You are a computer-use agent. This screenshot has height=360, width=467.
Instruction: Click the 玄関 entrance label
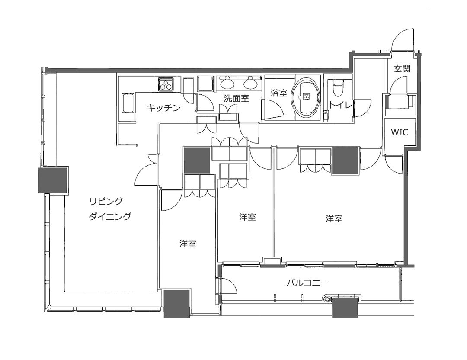tap(402, 69)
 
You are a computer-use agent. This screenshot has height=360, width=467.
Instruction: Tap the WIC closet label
tap(400, 132)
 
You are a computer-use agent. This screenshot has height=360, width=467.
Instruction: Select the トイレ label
tap(340, 105)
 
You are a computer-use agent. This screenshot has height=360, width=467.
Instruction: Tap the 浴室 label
tap(279, 93)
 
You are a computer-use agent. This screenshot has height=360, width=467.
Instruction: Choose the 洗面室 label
tap(236, 98)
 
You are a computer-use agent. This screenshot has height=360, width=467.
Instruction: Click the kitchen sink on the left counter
tap(128, 103)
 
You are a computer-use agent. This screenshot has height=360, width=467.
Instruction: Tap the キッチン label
tap(163, 108)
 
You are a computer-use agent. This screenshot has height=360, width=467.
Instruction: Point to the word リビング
tap(106, 202)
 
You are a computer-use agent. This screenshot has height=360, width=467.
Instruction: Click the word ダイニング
tap(110, 216)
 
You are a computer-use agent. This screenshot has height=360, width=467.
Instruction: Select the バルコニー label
tap(307, 282)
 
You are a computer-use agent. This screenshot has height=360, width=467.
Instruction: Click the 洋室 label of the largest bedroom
tap(334, 219)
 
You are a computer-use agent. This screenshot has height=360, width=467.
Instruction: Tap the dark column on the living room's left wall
tap(54, 180)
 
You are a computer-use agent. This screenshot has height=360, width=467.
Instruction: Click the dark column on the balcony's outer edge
tap(345, 307)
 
